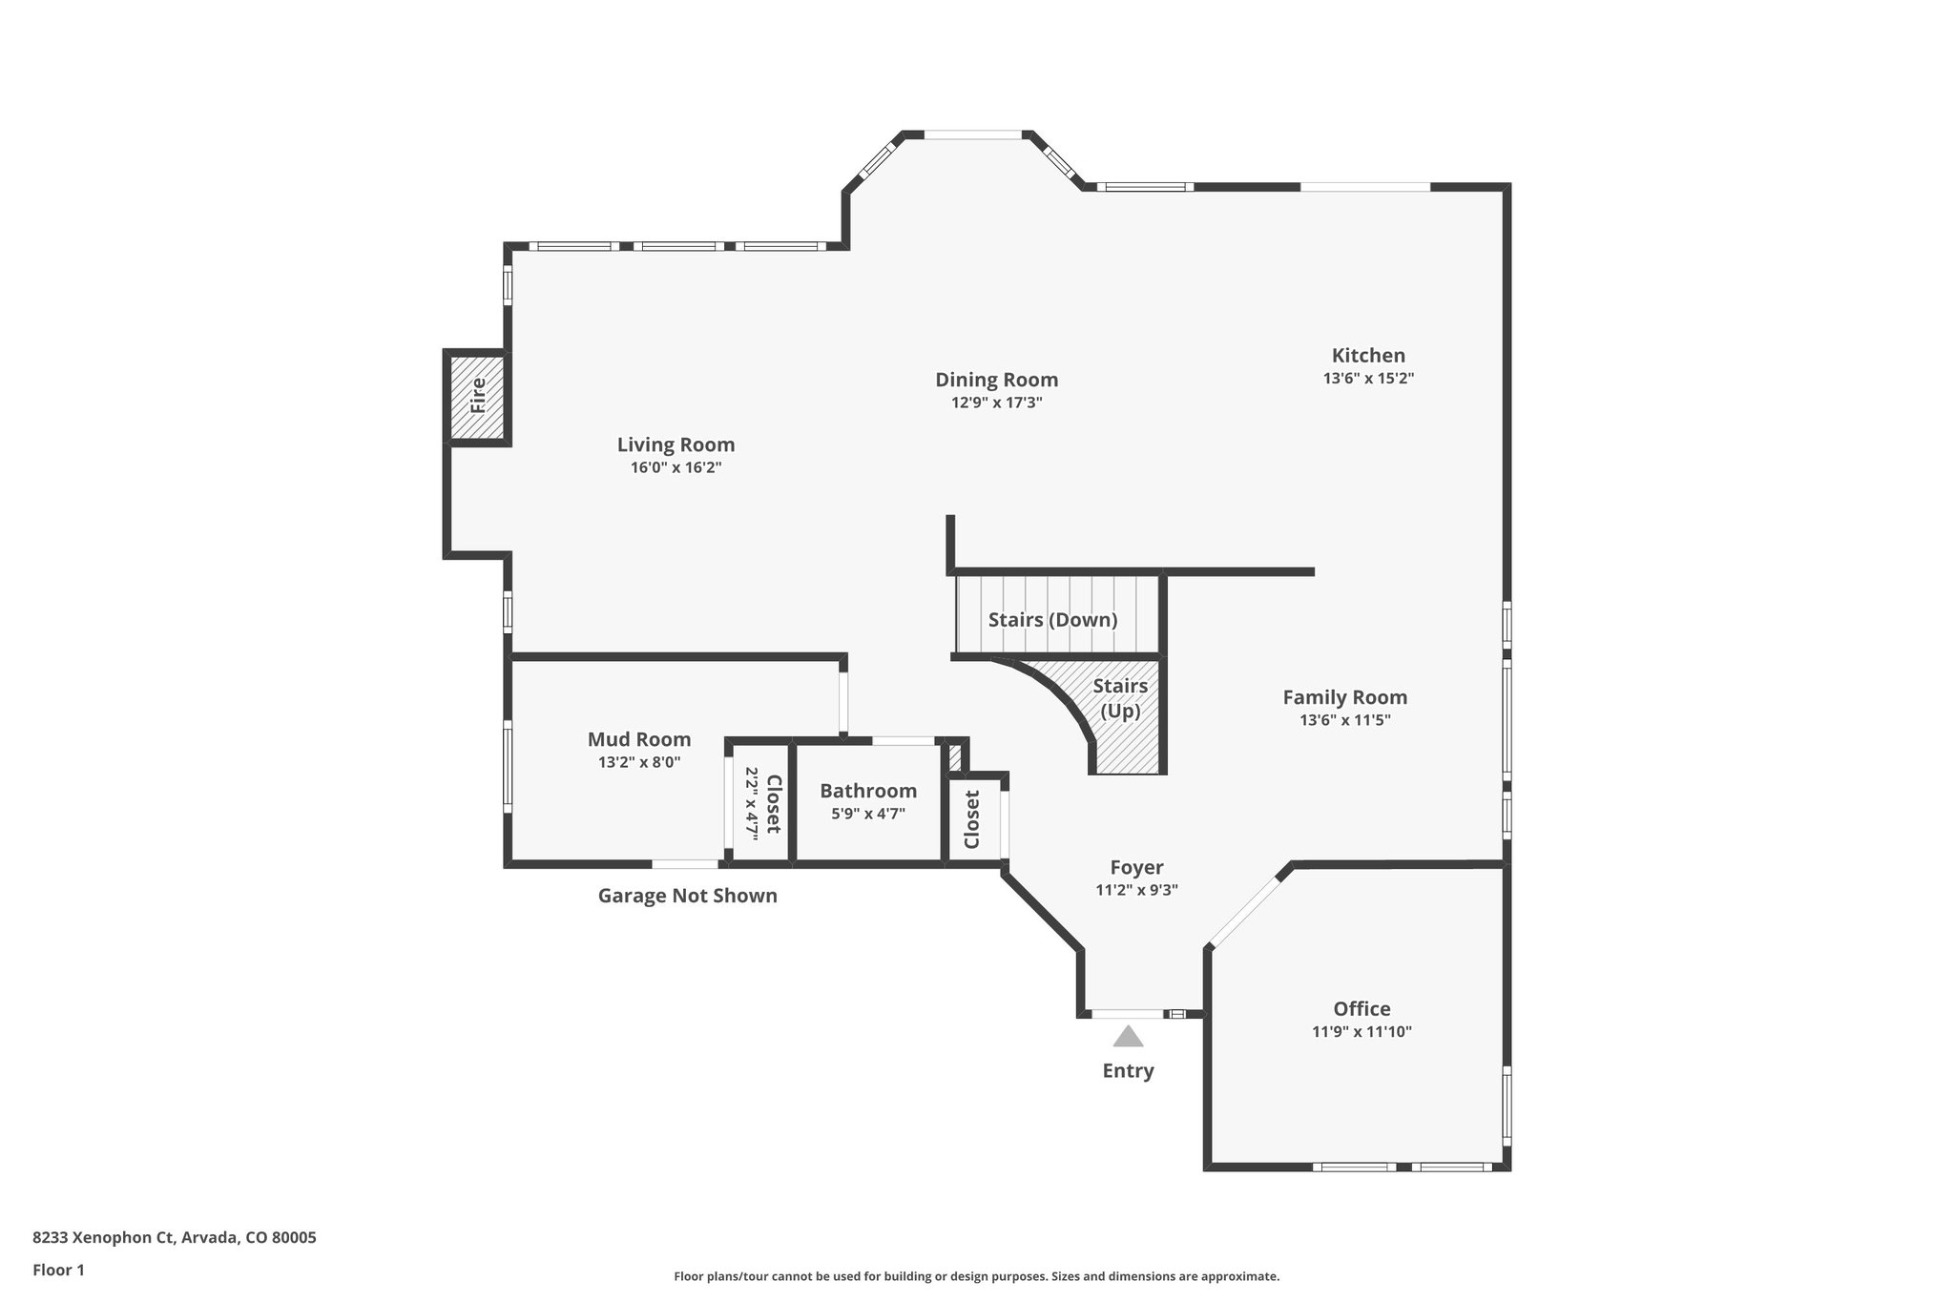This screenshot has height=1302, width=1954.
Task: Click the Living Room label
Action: [x=676, y=444]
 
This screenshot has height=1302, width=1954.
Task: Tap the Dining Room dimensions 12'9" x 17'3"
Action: [x=996, y=403]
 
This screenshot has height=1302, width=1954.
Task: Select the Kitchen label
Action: [x=1368, y=356]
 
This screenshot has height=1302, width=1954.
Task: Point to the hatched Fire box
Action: [x=477, y=396]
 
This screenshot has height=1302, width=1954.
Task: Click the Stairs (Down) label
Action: [x=1052, y=620]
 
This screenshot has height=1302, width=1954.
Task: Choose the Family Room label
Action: [x=1344, y=697]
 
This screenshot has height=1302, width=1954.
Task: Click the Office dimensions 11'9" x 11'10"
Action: [x=1362, y=1031]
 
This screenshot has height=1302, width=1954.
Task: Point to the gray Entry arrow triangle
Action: [x=1128, y=1037]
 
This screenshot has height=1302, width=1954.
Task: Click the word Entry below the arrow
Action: [x=1128, y=1070]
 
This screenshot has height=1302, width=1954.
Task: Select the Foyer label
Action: [x=1136, y=867]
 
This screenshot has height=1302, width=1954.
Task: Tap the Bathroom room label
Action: [x=868, y=791]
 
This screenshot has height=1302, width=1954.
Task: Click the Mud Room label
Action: [x=639, y=739]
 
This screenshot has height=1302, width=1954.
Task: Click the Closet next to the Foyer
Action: [x=972, y=819]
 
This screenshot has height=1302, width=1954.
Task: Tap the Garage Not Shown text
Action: [x=687, y=896]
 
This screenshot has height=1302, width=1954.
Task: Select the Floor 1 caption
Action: [x=59, y=1270]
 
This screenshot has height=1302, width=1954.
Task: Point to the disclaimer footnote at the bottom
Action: [x=976, y=1276]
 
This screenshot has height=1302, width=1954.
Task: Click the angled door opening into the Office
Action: [x=1245, y=909]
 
